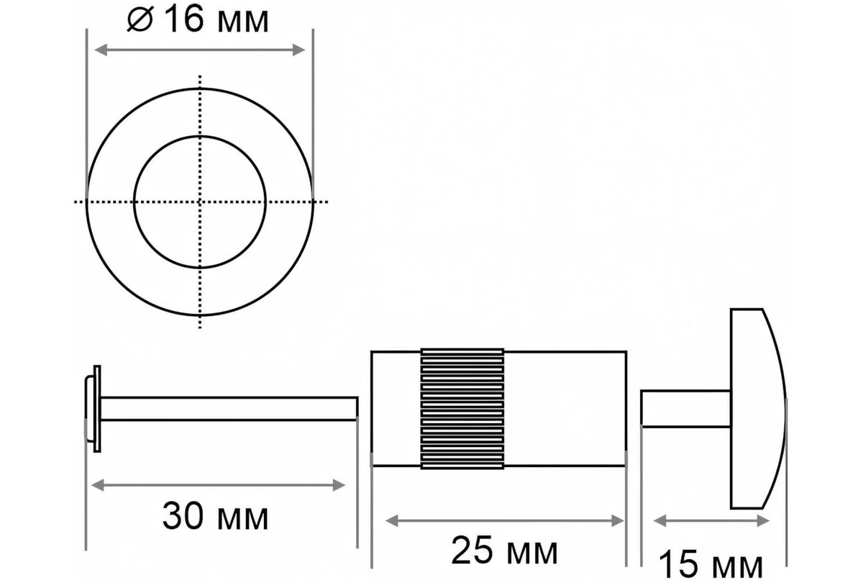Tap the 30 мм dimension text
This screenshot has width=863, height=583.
[x=215, y=517]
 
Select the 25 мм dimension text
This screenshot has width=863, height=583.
[x=504, y=551]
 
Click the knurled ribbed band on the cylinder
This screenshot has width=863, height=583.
[x=462, y=410]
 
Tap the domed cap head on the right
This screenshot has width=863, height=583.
[x=757, y=409]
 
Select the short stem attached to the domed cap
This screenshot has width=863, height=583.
[x=686, y=409]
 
